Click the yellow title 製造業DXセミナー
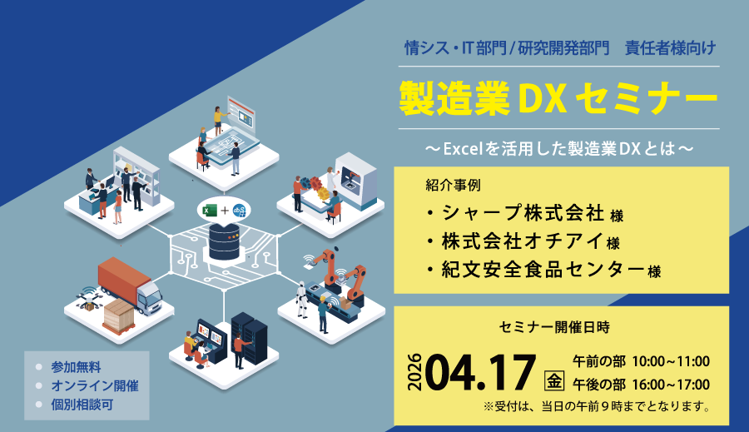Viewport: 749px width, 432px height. (558, 98)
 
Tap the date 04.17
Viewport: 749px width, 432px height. (480, 372)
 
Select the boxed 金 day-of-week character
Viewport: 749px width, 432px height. (554, 380)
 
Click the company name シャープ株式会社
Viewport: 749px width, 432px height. (523, 213)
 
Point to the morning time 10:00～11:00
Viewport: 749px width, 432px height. (671, 361)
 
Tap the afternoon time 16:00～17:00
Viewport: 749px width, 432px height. (671, 385)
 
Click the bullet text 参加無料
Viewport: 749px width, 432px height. (76, 367)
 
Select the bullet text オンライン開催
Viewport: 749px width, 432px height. (95, 385)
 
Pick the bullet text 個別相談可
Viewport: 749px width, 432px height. (82, 405)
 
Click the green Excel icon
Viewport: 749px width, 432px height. (209, 211)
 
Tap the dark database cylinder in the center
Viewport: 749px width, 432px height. (224, 241)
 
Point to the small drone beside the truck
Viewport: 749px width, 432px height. (88, 299)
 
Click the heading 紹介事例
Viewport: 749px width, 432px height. (453, 185)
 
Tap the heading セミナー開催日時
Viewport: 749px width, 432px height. (554, 327)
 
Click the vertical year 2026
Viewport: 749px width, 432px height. (414, 372)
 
